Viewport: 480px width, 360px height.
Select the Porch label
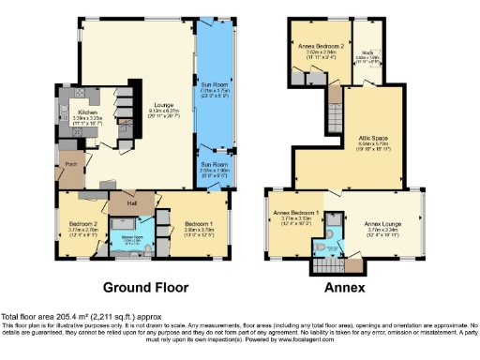[x=68, y=165]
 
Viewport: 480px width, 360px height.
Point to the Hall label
[x=122, y=202]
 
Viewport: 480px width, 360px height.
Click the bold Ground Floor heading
[x=144, y=287]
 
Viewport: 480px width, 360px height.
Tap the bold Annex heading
[x=345, y=287]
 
